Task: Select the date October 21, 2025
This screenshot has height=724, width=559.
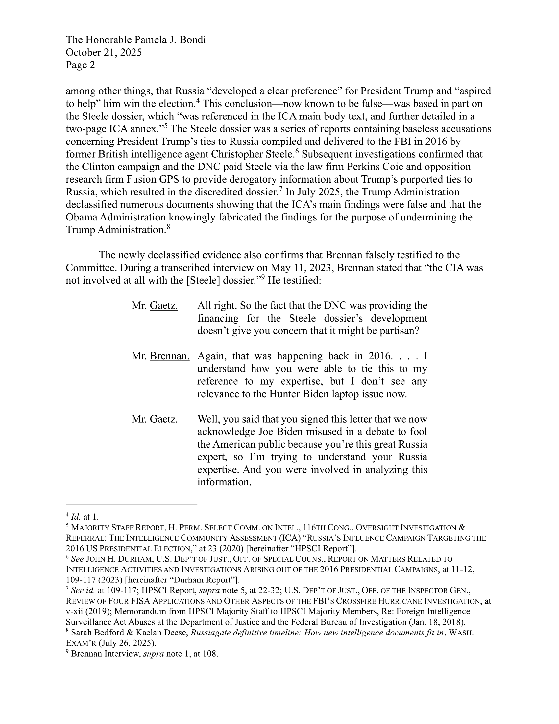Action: [104, 52]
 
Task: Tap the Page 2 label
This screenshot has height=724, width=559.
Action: [80, 65]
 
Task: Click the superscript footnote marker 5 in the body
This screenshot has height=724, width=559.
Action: [167, 126]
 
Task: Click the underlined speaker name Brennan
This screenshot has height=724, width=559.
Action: [170, 356]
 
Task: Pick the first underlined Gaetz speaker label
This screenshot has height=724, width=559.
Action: [164, 306]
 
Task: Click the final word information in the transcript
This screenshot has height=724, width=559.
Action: [224, 482]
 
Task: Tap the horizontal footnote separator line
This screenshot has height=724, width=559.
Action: [131, 504]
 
